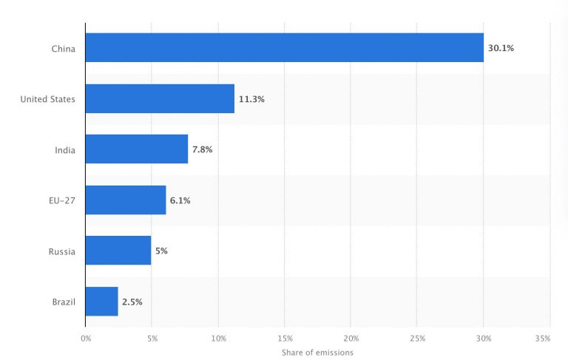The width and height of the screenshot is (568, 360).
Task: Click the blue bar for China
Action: [x=284, y=48]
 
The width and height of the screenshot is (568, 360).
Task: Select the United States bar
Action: [x=160, y=98]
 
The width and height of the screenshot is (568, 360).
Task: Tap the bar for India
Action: [x=137, y=149]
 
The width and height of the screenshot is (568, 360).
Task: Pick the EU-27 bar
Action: [x=126, y=200]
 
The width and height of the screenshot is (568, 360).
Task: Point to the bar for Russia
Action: [x=118, y=251]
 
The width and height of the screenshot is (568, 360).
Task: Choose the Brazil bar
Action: [x=102, y=302]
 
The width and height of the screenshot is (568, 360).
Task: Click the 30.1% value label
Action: [x=501, y=48]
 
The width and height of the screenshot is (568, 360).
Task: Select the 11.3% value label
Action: [x=251, y=98]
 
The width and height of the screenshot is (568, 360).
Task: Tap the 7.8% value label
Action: [x=203, y=149]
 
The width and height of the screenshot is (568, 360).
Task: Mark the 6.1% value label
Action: [x=180, y=200]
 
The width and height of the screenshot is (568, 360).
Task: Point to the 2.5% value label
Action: [x=132, y=302]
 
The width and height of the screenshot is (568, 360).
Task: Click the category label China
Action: [x=63, y=49]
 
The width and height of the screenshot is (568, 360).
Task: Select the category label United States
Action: [x=47, y=99]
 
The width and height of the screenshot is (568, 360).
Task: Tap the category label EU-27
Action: [x=61, y=200]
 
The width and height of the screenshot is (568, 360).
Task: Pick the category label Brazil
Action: [x=62, y=302]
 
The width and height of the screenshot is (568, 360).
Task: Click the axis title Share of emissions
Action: [x=317, y=353]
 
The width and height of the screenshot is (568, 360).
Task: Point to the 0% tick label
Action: [x=86, y=338]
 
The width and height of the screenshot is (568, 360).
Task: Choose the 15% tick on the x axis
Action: [x=285, y=338]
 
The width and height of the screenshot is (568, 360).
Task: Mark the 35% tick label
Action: [x=543, y=338]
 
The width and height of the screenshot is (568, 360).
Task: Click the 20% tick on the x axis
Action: [x=351, y=338]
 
